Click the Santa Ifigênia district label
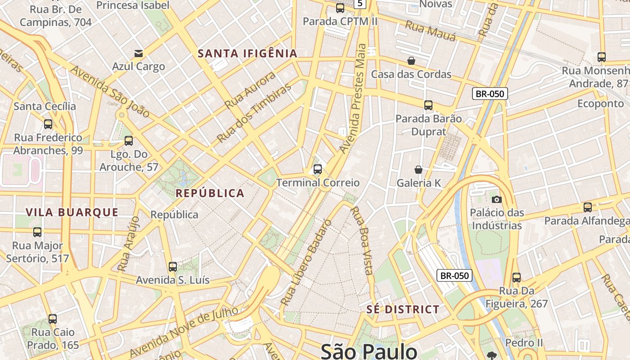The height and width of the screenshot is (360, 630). click(247, 54)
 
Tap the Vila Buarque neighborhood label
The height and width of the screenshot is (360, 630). click(72, 212)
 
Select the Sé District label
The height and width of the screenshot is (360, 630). click(403, 309)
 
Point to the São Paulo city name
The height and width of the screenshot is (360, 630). click(369, 351)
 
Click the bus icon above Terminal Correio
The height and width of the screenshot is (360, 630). click(318, 170)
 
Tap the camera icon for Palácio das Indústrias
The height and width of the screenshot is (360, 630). click(497, 199)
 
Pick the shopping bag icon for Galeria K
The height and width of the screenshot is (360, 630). click(418, 170)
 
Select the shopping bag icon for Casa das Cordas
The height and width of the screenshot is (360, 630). click(411, 61)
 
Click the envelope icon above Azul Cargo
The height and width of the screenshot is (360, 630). click(139, 54)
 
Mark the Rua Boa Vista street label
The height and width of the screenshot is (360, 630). click(362, 240)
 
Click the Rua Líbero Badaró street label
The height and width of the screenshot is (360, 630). click(306, 262)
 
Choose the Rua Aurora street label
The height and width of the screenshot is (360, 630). click(250, 90)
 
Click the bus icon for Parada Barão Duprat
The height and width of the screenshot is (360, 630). click(428, 105)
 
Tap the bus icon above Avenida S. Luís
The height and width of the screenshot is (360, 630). click(173, 266)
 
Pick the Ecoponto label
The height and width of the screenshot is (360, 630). click(600, 103)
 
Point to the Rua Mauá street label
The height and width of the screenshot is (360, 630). click(431, 31)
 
